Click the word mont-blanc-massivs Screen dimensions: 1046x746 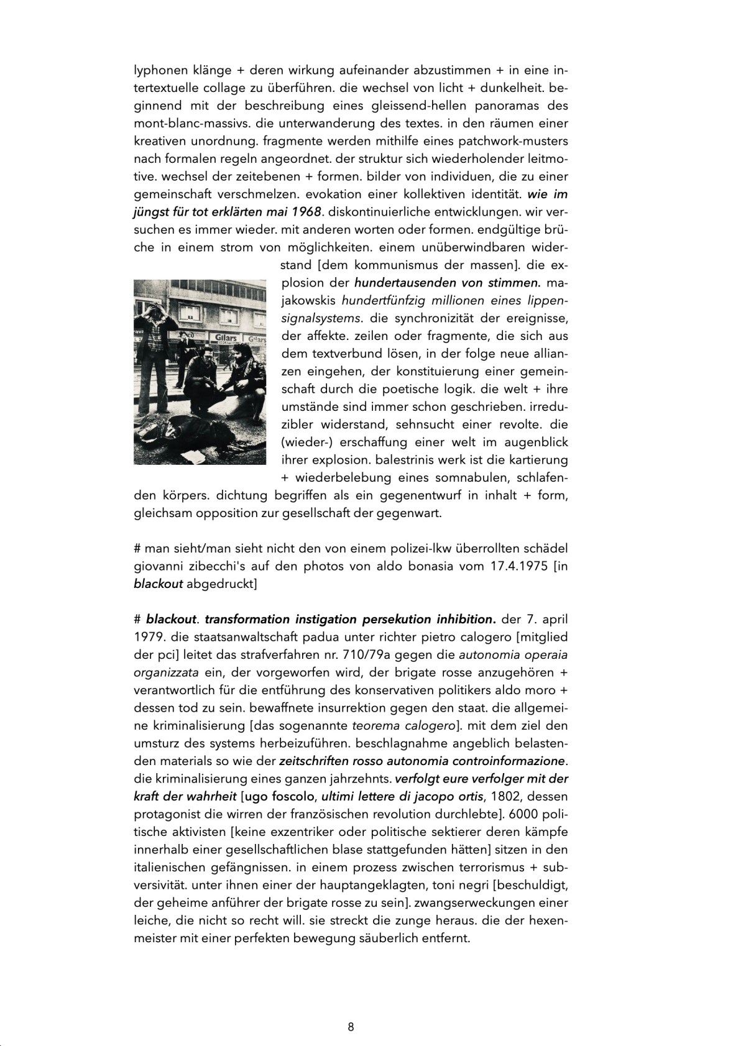coord(186,123)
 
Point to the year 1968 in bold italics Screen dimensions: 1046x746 coord(306,211)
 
